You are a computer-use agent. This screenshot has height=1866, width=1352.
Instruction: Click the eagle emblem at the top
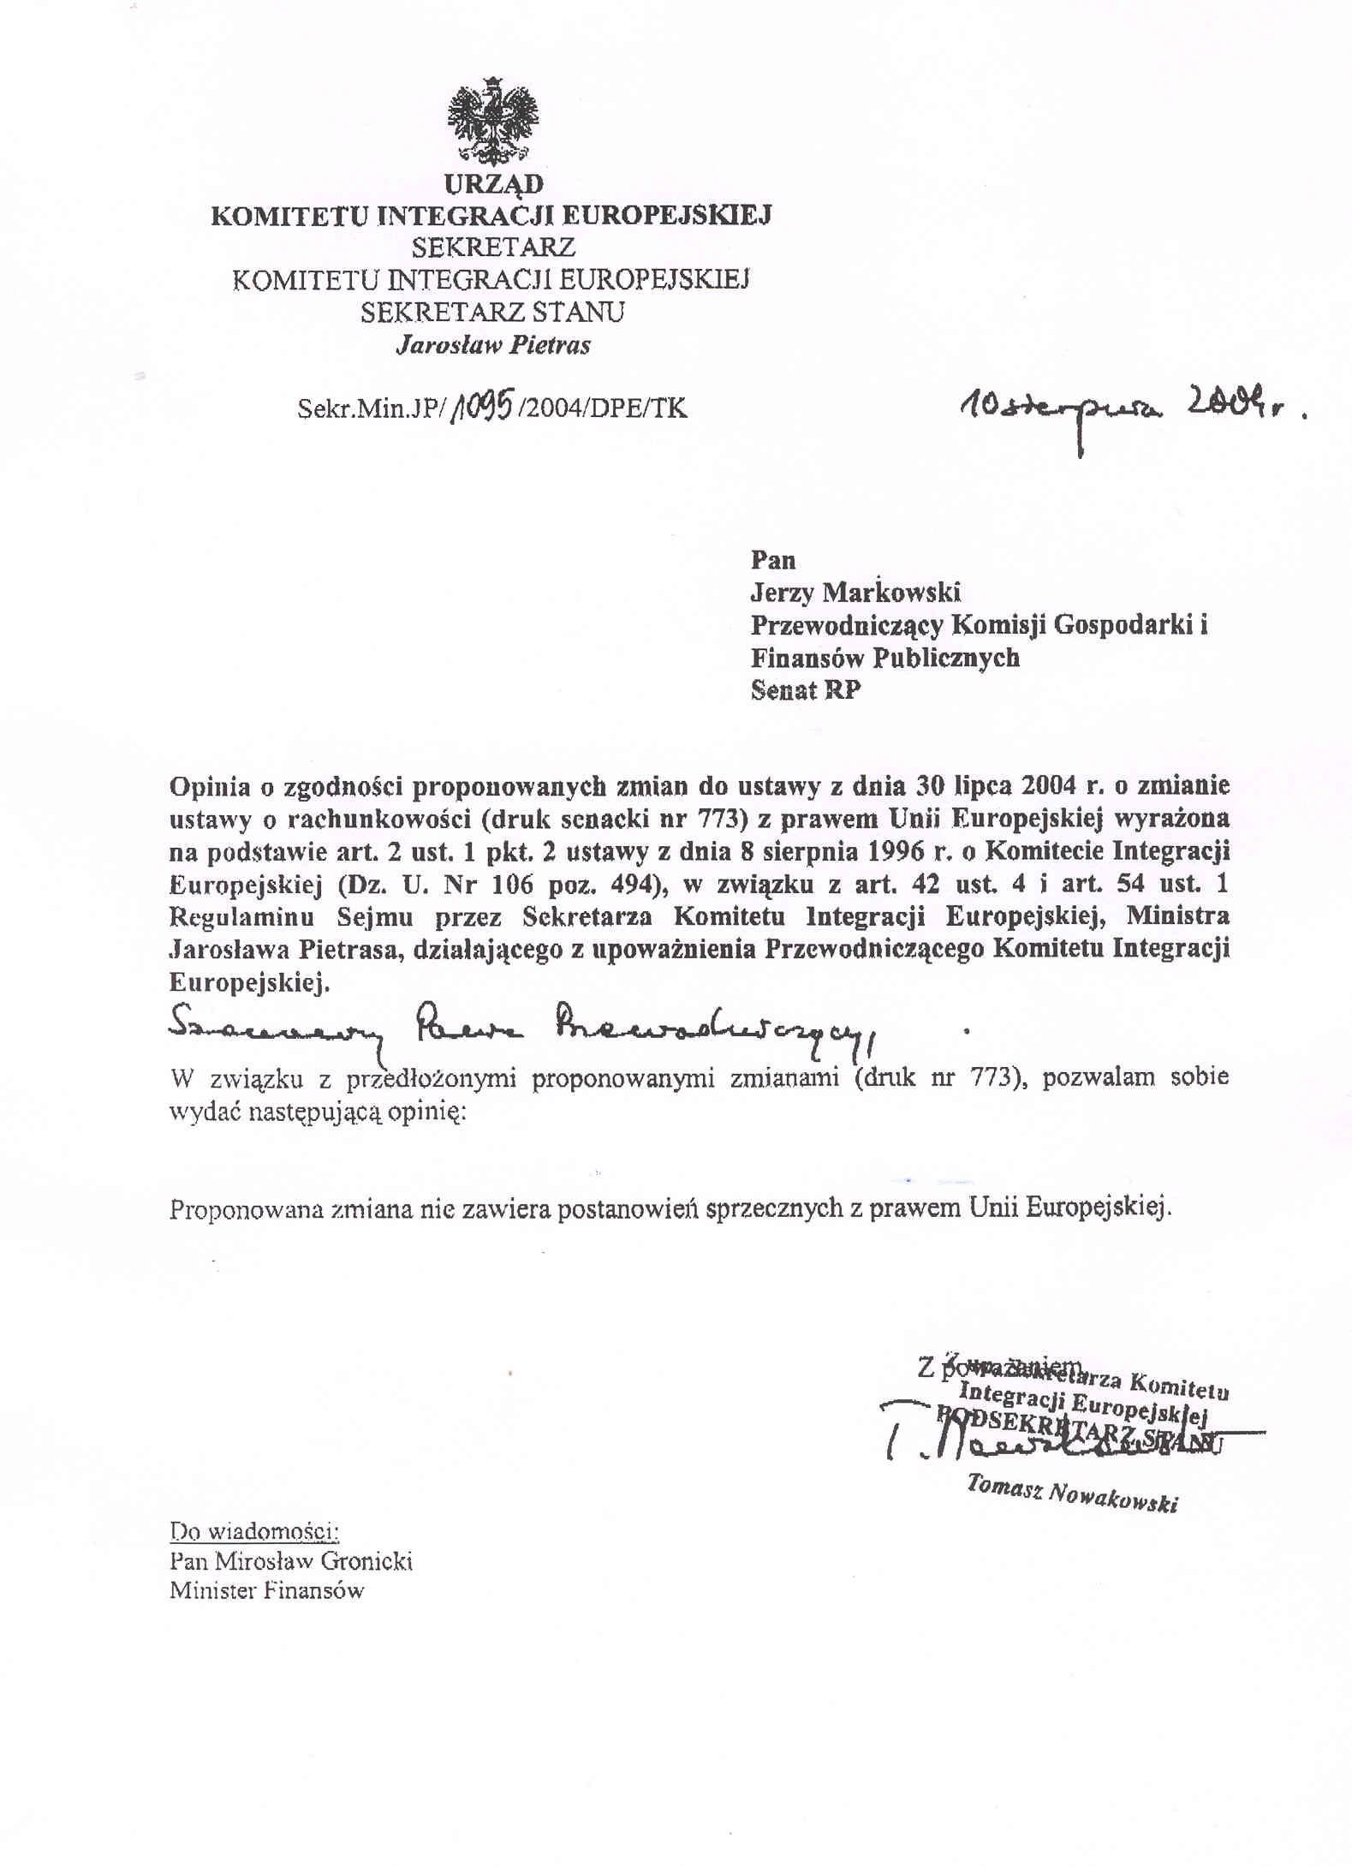(493, 122)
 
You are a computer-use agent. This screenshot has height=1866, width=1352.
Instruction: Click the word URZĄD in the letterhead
(493, 184)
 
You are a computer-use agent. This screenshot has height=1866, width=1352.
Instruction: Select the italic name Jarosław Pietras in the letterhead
(492, 345)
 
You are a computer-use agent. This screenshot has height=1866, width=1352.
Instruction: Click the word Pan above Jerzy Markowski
(773, 560)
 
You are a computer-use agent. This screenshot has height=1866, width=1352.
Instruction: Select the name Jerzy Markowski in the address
(855, 592)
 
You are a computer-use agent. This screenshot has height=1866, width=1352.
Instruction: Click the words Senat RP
(806, 690)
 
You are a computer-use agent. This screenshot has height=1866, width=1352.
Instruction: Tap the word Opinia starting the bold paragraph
(209, 786)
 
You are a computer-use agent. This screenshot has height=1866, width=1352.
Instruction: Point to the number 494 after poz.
(633, 884)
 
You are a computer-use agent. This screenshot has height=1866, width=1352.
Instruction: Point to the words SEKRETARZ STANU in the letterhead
(492, 312)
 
